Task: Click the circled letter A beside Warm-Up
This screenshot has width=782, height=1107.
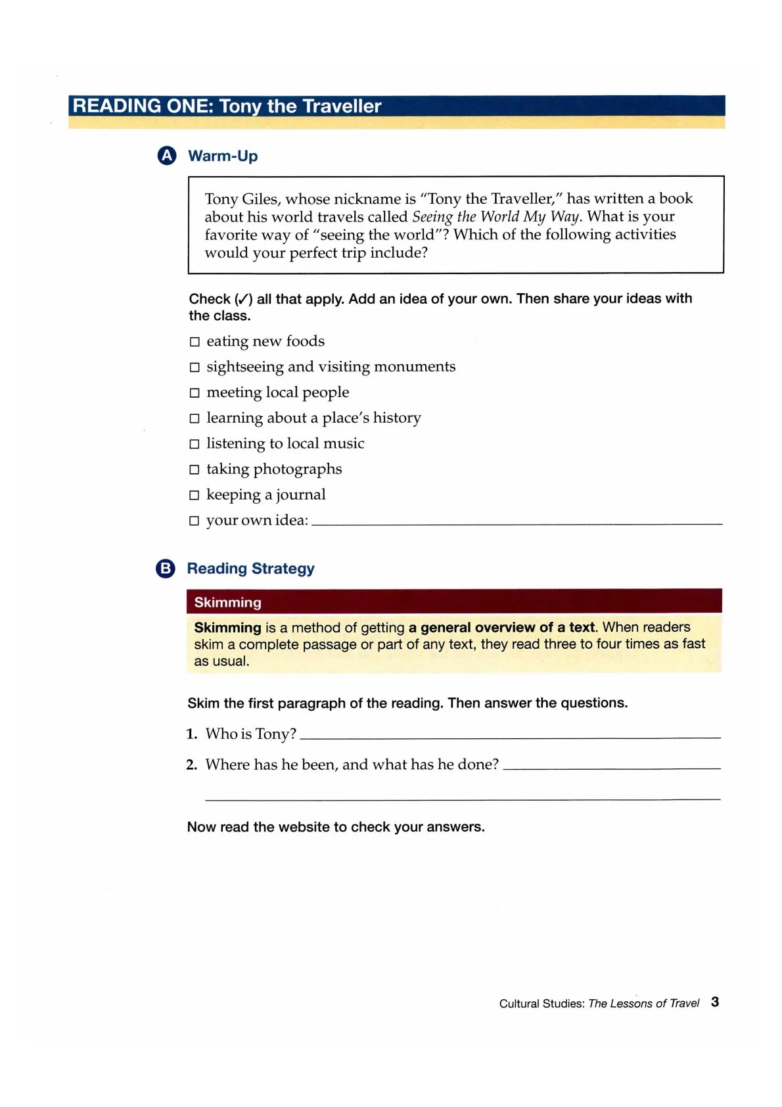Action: pyautogui.click(x=167, y=156)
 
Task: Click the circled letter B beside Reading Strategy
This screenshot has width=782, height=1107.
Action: pyautogui.click(x=166, y=569)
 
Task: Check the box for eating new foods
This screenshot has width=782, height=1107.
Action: pyautogui.click(x=195, y=342)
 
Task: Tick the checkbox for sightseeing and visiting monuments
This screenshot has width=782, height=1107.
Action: pyautogui.click(x=195, y=367)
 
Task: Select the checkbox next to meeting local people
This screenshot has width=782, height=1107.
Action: pyautogui.click(x=195, y=393)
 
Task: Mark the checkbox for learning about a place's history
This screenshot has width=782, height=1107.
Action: pyautogui.click(x=195, y=419)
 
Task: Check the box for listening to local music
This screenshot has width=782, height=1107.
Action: pyautogui.click(x=195, y=444)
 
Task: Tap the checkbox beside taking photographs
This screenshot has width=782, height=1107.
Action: pyautogui.click(x=195, y=470)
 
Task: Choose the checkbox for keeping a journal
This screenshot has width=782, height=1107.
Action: pyautogui.click(x=195, y=496)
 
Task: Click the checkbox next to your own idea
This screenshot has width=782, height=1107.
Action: pyautogui.click(x=195, y=521)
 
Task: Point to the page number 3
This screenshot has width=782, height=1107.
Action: pyautogui.click(x=715, y=1002)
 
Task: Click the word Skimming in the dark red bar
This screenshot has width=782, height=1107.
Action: pyautogui.click(x=227, y=602)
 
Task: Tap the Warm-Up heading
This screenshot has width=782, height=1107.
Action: pyautogui.click(x=223, y=156)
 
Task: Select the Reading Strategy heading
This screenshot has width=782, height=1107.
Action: pyautogui.click(x=250, y=569)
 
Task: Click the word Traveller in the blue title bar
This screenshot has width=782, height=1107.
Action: pyautogui.click(x=342, y=106)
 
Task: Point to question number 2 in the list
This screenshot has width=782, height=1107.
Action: pyautogui.click(x=191, y=765)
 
